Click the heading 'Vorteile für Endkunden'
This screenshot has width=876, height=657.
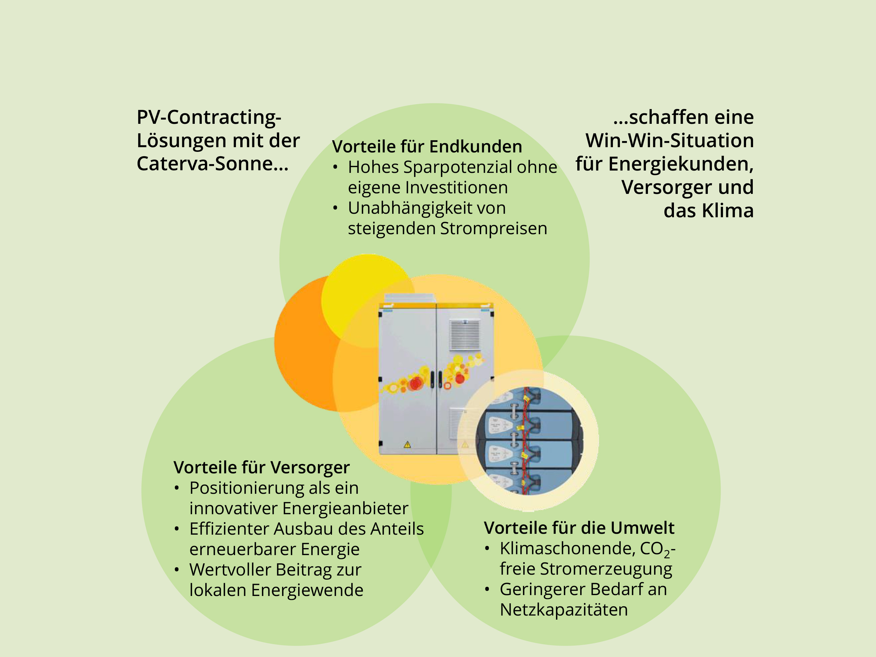point(427,147)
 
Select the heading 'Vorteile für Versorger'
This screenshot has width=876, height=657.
point(261,467)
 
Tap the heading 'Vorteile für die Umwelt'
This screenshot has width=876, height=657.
point(579,528)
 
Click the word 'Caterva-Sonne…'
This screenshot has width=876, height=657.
point(213,164)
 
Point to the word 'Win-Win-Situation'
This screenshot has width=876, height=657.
point(669,140)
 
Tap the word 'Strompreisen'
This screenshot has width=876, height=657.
point(493,229)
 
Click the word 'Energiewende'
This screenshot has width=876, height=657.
point(307,590)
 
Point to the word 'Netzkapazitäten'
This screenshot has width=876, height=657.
point(564,610)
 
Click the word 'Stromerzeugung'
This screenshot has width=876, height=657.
point(606,569)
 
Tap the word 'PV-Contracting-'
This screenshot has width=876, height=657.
point(209,117)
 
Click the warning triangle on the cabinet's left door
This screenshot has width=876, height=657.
point(407,444)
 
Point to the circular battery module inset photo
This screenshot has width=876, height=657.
point(528,440)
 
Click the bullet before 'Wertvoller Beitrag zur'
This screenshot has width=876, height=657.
point(177,570)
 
